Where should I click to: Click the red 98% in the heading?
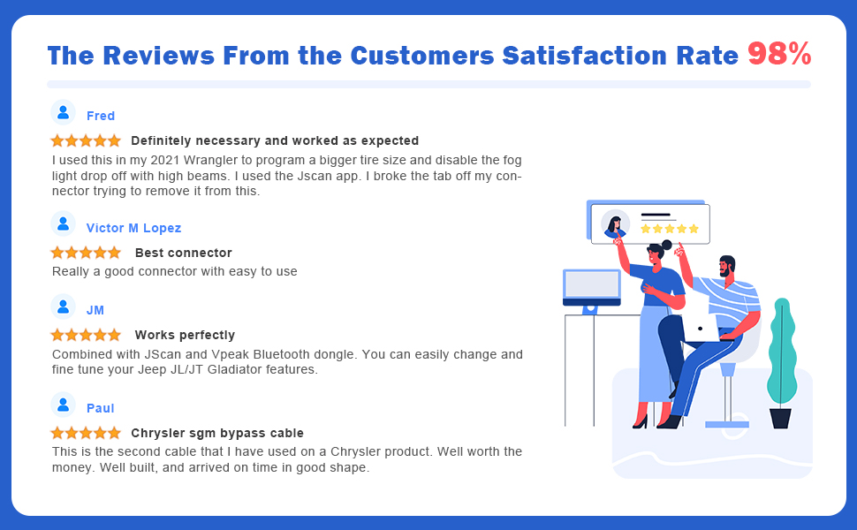[779, 54]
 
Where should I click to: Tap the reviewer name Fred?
[101, 116]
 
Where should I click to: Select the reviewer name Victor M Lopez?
[133, 228]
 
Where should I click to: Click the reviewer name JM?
[95, 310]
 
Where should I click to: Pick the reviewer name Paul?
[101, 408]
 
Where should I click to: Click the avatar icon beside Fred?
[64, 112]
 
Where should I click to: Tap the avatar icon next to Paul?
[64, 405]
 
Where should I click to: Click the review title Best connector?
[184, 253]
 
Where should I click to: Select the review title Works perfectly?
[185, 335]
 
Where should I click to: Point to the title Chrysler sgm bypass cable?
[217, 434]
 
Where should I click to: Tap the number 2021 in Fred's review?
[164, 160]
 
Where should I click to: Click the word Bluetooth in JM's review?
[284, 354]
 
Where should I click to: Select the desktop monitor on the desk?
[592, 289]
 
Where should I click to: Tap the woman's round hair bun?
[667, 245]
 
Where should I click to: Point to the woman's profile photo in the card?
[616, 224]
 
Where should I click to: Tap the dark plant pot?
[780, 418]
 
